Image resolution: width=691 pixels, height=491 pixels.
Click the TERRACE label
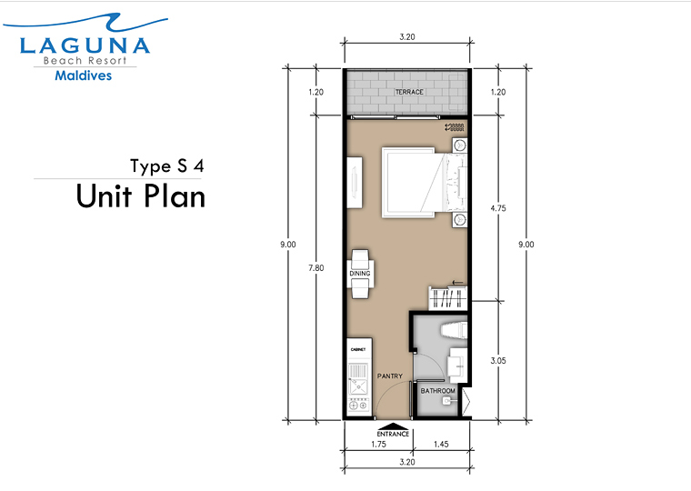[x=409, y=92]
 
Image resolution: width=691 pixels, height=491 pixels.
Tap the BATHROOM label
[x=437, y=390]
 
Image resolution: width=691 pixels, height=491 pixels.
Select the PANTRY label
[x=389, y=376]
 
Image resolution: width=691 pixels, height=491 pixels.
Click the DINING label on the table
[x=360, y=274]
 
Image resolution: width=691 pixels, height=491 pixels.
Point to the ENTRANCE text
[x=393, y=434]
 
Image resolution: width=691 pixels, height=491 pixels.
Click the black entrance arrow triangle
[x=393, y=426]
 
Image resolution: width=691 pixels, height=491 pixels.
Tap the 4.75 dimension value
[x=498, y=208]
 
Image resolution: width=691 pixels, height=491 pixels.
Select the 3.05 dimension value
[x=498, y=361]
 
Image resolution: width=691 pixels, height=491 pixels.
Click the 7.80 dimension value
[x=316, y=267]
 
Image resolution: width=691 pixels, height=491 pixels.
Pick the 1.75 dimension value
[x=378, y=445]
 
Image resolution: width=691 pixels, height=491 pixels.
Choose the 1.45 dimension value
[x=441, y=445]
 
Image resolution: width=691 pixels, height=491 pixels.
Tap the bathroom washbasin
[x=457, y=366]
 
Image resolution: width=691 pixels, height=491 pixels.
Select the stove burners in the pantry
[x=358, y=405]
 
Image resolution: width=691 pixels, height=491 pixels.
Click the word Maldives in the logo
[x=84, y=75]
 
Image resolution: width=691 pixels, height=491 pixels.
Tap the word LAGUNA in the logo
[x=85, y=45]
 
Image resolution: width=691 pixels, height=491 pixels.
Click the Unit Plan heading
[x=141, y=196]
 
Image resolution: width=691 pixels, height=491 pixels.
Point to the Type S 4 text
[x=167, y=166]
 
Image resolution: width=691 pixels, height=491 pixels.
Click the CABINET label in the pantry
[x=358, y=349]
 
